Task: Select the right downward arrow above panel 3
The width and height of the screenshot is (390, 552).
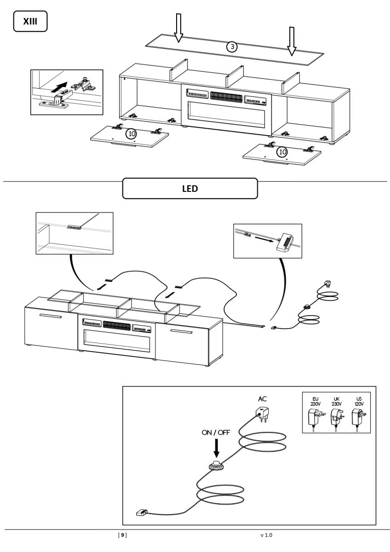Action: [x=291, y=40]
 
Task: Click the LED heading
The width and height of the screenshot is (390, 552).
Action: [x=189, y=189]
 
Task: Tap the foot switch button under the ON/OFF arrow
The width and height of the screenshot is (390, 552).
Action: [x=216, y=466]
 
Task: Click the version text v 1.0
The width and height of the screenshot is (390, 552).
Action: [x=266, y=535]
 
